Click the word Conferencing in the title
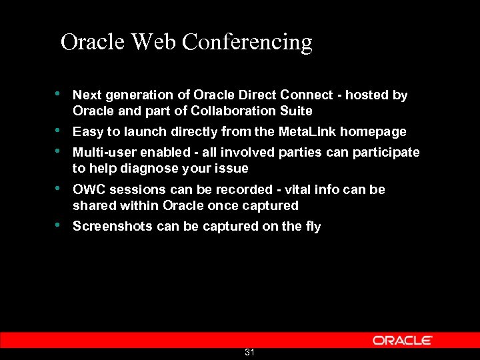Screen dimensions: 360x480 coord(247,43)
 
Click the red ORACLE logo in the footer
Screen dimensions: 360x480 coord(403,340)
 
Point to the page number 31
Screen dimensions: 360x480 coord(249,352)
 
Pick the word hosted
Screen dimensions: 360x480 coord(366,95)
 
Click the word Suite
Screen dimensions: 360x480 coord(296,111)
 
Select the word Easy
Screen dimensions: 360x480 coord(88,132)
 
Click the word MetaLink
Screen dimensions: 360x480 coord(307,132)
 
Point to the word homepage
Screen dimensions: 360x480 coord(373,132)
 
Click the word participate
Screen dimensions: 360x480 coord(389,153)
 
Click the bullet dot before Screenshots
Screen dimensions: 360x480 coord(59,225)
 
